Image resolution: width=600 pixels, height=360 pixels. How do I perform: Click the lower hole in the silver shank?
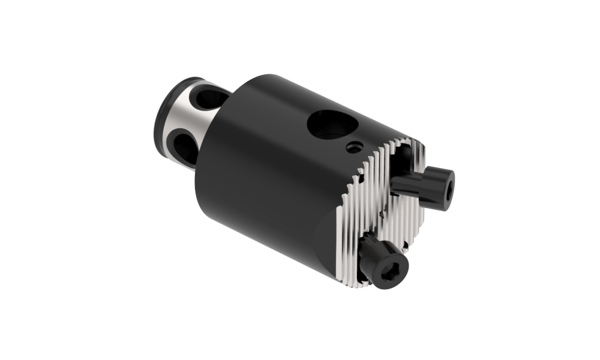point(184,146)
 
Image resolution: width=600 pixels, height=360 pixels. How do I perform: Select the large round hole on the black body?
point(332,125)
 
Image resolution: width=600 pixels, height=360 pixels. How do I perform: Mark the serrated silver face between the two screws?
point(396,216)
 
